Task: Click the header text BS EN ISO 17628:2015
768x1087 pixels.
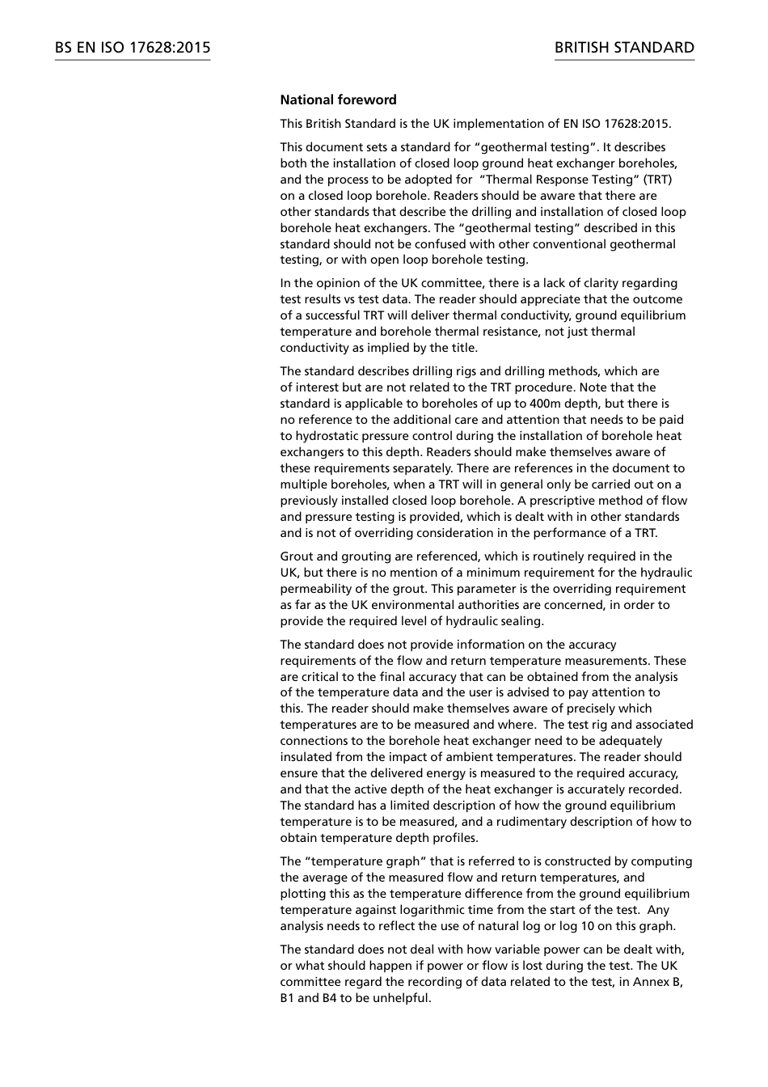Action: (x=133, y=48)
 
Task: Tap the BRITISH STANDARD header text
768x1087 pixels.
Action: (x=624, y=48)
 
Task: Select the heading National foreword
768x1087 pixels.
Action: (x=338, y=100)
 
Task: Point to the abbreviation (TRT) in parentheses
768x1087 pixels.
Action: (x=657, y=180)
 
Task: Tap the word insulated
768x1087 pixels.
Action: (x=306, y=757)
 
